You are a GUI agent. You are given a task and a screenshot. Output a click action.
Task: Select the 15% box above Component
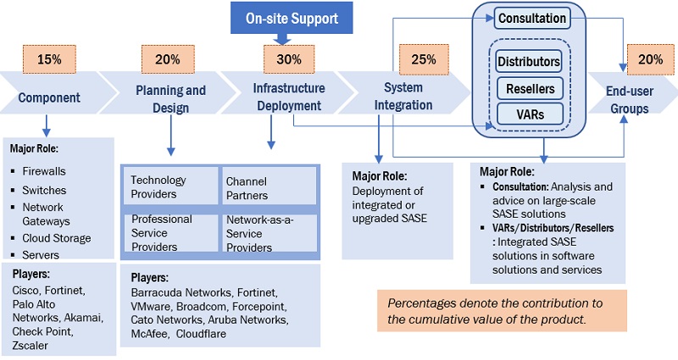click(47, 60)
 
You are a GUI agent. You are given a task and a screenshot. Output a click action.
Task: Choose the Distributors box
click(529, 63)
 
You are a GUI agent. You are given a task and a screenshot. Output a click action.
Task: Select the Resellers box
click(529, 88)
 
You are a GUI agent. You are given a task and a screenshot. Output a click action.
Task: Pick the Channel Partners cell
click(268, 186)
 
